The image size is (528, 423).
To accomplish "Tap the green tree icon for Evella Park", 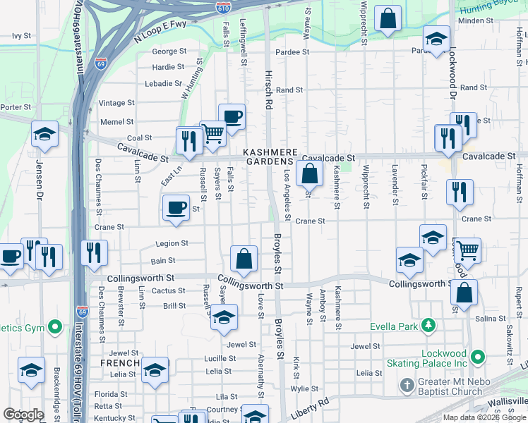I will tap(428, 325).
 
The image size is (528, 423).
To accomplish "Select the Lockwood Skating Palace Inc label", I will tap(428, 357).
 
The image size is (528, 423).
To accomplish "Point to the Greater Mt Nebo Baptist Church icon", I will tap(407, 385).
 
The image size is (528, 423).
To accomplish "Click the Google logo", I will tap(23, 415).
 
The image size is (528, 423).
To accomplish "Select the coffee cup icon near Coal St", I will tap(231, 116).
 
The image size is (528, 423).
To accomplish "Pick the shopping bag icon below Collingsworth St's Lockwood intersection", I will tap(464, 292).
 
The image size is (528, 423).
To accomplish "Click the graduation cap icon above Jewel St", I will tap(224, 317).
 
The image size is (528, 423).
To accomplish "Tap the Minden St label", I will tap(491, 21).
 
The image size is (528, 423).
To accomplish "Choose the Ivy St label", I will tap(23, 35).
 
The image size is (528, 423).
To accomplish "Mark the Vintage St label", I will tap(116, 103).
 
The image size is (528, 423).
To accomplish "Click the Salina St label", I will tap(490, 319).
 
